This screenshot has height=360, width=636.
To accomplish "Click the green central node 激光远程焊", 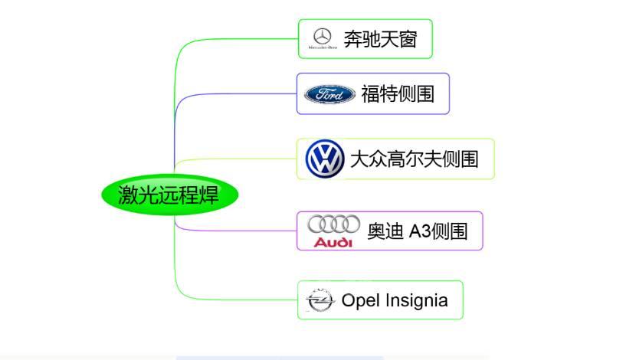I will (x=169, y=195).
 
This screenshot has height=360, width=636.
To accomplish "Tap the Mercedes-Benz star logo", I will (x=323, y=36).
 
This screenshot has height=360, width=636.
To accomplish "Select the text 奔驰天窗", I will (x=380, y=39).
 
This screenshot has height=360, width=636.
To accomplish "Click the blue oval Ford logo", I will (x=329, y=93).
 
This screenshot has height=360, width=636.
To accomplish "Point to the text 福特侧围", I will (x=398, y=93).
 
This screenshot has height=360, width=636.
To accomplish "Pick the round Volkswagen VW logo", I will (x=325, y=159).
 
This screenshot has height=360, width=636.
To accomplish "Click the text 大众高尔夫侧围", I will (x=414, y=159).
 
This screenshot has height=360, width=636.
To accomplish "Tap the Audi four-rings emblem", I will (x=333, y=224).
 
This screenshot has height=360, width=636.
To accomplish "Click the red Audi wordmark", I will (x=333, y=242).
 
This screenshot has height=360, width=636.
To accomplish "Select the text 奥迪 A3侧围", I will (x=417, y=231).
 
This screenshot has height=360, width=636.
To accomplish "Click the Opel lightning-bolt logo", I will (x=320, y=300).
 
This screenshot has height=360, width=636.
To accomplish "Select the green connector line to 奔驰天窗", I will (x=230, y=38).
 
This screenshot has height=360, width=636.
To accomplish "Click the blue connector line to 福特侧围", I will (x=230, y=94).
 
